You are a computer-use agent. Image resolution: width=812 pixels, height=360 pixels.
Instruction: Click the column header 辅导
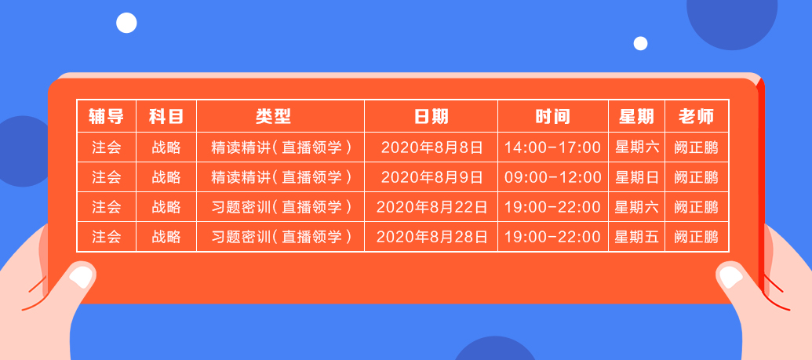(106, 117)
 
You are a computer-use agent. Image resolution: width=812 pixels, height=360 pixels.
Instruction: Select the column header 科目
(166, 117)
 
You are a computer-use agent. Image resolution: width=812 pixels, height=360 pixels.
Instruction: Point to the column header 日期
(431, 117)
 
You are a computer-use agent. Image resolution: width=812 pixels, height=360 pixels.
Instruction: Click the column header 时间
(552, 117)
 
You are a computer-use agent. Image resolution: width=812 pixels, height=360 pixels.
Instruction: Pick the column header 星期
(636, 117)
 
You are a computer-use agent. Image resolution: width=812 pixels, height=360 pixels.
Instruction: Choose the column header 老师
(696, 117)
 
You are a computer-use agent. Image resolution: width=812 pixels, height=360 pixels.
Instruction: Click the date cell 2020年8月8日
(431, 147)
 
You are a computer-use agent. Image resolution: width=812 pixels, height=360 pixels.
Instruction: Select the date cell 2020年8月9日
(431, 177)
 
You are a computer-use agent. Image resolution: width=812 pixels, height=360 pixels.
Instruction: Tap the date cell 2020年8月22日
(431, 207)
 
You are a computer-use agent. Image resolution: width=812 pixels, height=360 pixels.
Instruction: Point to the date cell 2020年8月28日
(431, 236)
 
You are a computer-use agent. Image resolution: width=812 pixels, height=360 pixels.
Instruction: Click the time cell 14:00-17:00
(552, 147)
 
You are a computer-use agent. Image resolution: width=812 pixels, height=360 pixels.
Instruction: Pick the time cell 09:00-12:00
(552, 177)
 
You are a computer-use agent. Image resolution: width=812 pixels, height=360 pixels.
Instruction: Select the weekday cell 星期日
(636, 177)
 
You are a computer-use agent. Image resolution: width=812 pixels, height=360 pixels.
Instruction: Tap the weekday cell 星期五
(636, 236)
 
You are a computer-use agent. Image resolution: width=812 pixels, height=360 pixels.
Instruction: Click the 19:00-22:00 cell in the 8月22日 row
(552, 207)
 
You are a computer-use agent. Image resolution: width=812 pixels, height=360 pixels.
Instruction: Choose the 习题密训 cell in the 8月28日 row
(280, 236)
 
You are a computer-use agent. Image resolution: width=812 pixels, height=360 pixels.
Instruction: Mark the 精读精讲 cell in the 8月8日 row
(280, 147)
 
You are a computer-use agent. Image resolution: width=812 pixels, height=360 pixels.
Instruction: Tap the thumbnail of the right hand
(730, 275)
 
